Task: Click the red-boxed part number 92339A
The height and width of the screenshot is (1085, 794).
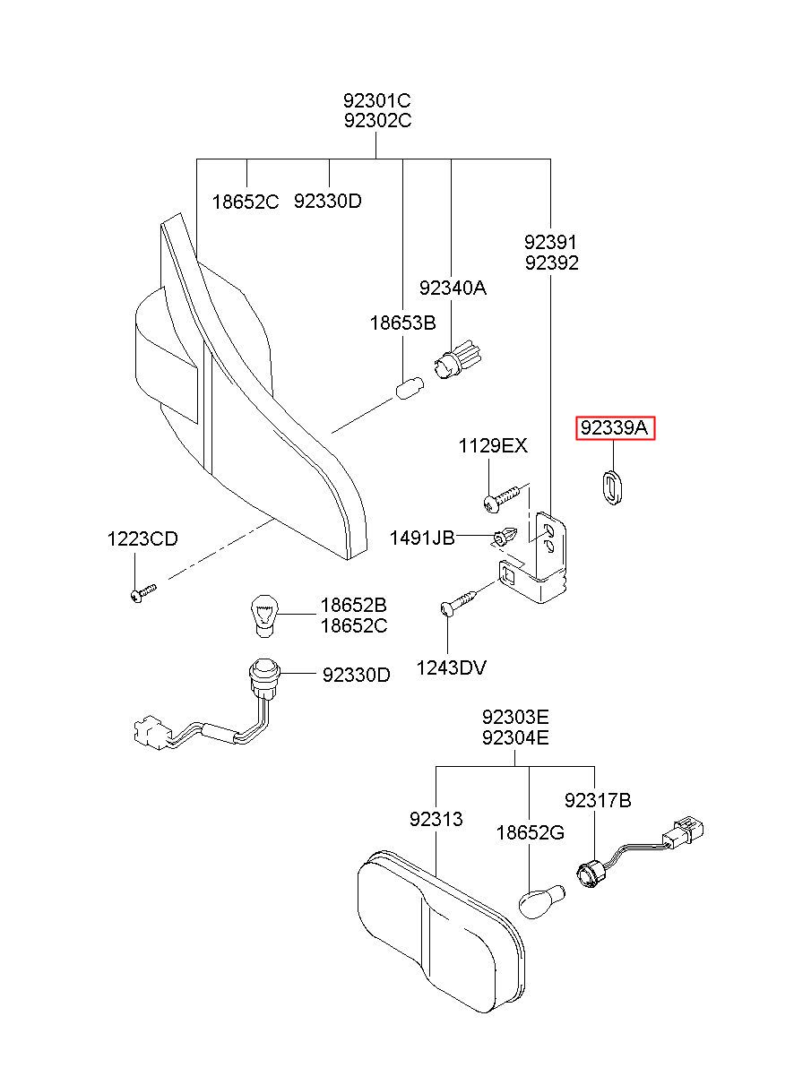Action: click(x=614, y=427)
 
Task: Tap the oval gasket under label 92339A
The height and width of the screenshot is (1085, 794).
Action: click(x=613, y=487)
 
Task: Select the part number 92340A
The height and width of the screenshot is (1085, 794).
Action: click(x=453, y=288)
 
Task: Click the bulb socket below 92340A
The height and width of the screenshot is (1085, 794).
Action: click(x=457, y=361)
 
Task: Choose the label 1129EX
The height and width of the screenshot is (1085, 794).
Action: click(x=493, y=445)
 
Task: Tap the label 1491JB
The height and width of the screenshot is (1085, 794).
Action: click(x=422, y=538)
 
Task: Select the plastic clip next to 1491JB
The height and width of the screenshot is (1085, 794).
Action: click(x=505, y=538)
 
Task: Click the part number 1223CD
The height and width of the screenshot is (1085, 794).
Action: click(x=142, y=538)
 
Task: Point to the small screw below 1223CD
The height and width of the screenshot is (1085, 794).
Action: click(x=143, y=593)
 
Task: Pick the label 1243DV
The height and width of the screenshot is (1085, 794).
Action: click(x=451, y=668)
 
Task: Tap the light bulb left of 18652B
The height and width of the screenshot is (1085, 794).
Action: click(x=263, y=616)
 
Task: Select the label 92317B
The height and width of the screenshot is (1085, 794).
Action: click(x=598, y=801)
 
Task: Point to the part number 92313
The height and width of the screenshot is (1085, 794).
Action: click(x=436, y=819)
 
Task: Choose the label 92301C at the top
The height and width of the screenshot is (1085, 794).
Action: click(x=377, y=100)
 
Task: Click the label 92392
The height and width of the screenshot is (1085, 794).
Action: click(x=552, y=263)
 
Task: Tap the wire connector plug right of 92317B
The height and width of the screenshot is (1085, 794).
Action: click(x=684, y=831)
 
